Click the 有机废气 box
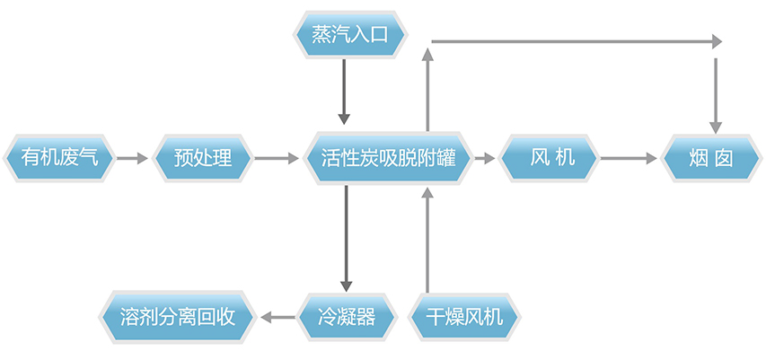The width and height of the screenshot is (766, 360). [59, 159]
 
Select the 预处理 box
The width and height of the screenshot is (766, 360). [204, 159]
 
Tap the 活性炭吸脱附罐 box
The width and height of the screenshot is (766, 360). [388, 159]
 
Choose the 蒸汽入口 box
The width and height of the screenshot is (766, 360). [349, 35]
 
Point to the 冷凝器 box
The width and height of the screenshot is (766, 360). [346, 316]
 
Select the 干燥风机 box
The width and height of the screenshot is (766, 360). [463, 316]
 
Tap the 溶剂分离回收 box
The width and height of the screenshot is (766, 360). [177, 316]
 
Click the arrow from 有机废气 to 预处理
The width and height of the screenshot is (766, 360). [131, 159]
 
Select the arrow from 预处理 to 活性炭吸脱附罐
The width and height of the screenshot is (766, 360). [277, 159]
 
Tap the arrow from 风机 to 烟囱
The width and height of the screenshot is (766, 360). [629, 159]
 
